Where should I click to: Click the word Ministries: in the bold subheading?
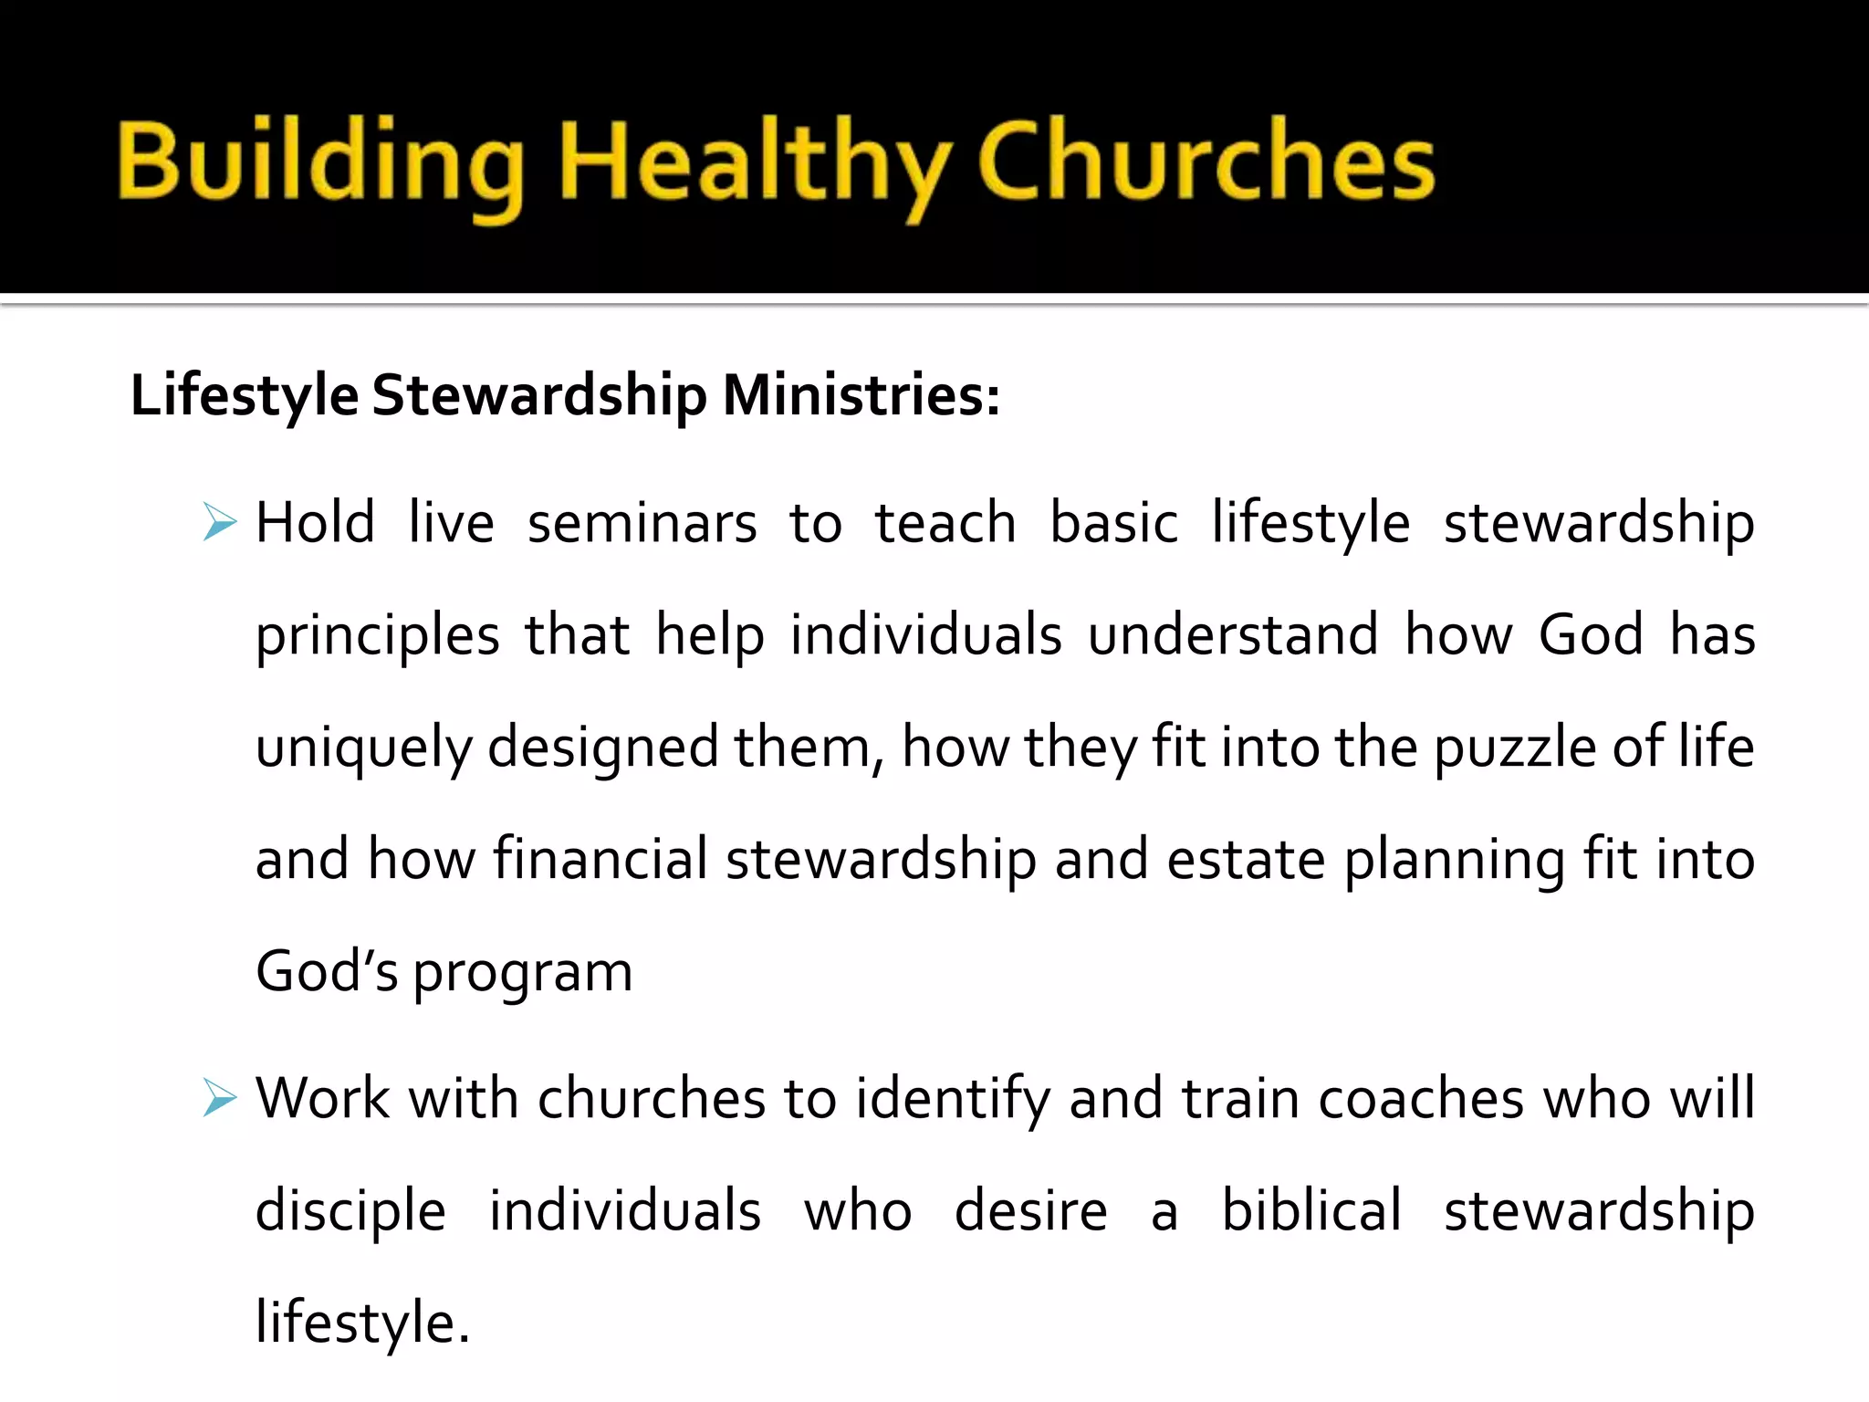coord(861,396)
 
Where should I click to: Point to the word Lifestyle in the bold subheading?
coord(245,396)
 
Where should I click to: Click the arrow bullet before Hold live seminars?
coord(220,522)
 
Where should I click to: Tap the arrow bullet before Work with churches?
coord(220,1097)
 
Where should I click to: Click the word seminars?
coord(642,524)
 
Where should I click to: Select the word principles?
coord(377,636)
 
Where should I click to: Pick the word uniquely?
coord(362,748)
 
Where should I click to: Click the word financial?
coord(600,860)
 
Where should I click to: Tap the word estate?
coord(1245,860)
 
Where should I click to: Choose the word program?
coord(523,973)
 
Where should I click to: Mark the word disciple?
coord(350,1212)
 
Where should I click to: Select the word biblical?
coord(1310,1210)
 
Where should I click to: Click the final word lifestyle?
coord(362,1324)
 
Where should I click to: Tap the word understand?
coord(1233,634)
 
